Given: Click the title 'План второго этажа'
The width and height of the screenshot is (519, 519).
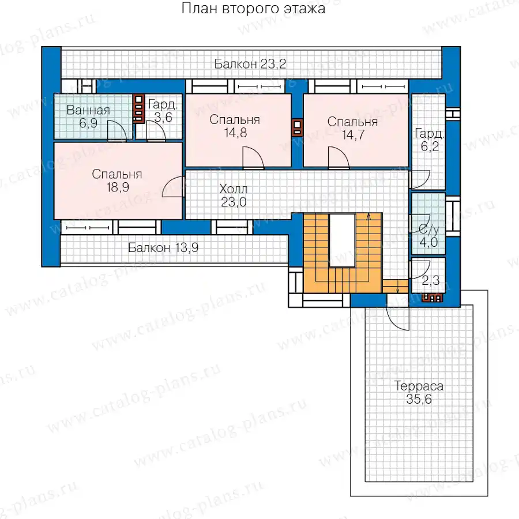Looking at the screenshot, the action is tap(253, 9).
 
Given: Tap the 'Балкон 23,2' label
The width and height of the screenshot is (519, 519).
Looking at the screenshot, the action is tap(250, 63).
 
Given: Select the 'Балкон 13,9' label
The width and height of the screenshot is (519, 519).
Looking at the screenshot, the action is tap(163, 247).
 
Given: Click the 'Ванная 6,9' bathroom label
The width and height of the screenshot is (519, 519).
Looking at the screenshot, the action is tap(88, 116).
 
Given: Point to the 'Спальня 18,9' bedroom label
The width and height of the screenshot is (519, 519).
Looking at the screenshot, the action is tap(117, 180).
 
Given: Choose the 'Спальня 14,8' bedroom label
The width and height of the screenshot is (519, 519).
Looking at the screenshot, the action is tap(235, 126).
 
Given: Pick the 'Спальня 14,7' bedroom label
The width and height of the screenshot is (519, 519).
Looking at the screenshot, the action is tap(352, 128).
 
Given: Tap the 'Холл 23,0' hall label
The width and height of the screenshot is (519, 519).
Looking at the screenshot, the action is tap(234, 195).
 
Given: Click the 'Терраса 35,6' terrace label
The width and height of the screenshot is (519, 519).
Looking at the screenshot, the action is tap(419, 393).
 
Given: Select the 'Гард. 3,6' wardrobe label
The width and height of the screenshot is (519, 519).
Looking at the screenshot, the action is tap(163, 111).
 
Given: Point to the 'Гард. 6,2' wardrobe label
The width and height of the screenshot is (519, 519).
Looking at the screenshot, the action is tap(430, 140).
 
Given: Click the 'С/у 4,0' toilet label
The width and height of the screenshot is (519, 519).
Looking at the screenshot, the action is tap(428, 236).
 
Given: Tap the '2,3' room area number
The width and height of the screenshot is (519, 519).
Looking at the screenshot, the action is tap(431, 281).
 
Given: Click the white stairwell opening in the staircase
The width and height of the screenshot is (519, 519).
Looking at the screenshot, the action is tap(342, 240).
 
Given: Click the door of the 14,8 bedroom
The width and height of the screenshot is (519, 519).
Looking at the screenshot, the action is tap(253, 158).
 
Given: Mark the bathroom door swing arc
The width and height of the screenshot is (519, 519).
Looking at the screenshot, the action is tap(117, 131).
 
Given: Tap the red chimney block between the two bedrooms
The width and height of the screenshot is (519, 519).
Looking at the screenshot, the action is tap(297, 127).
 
